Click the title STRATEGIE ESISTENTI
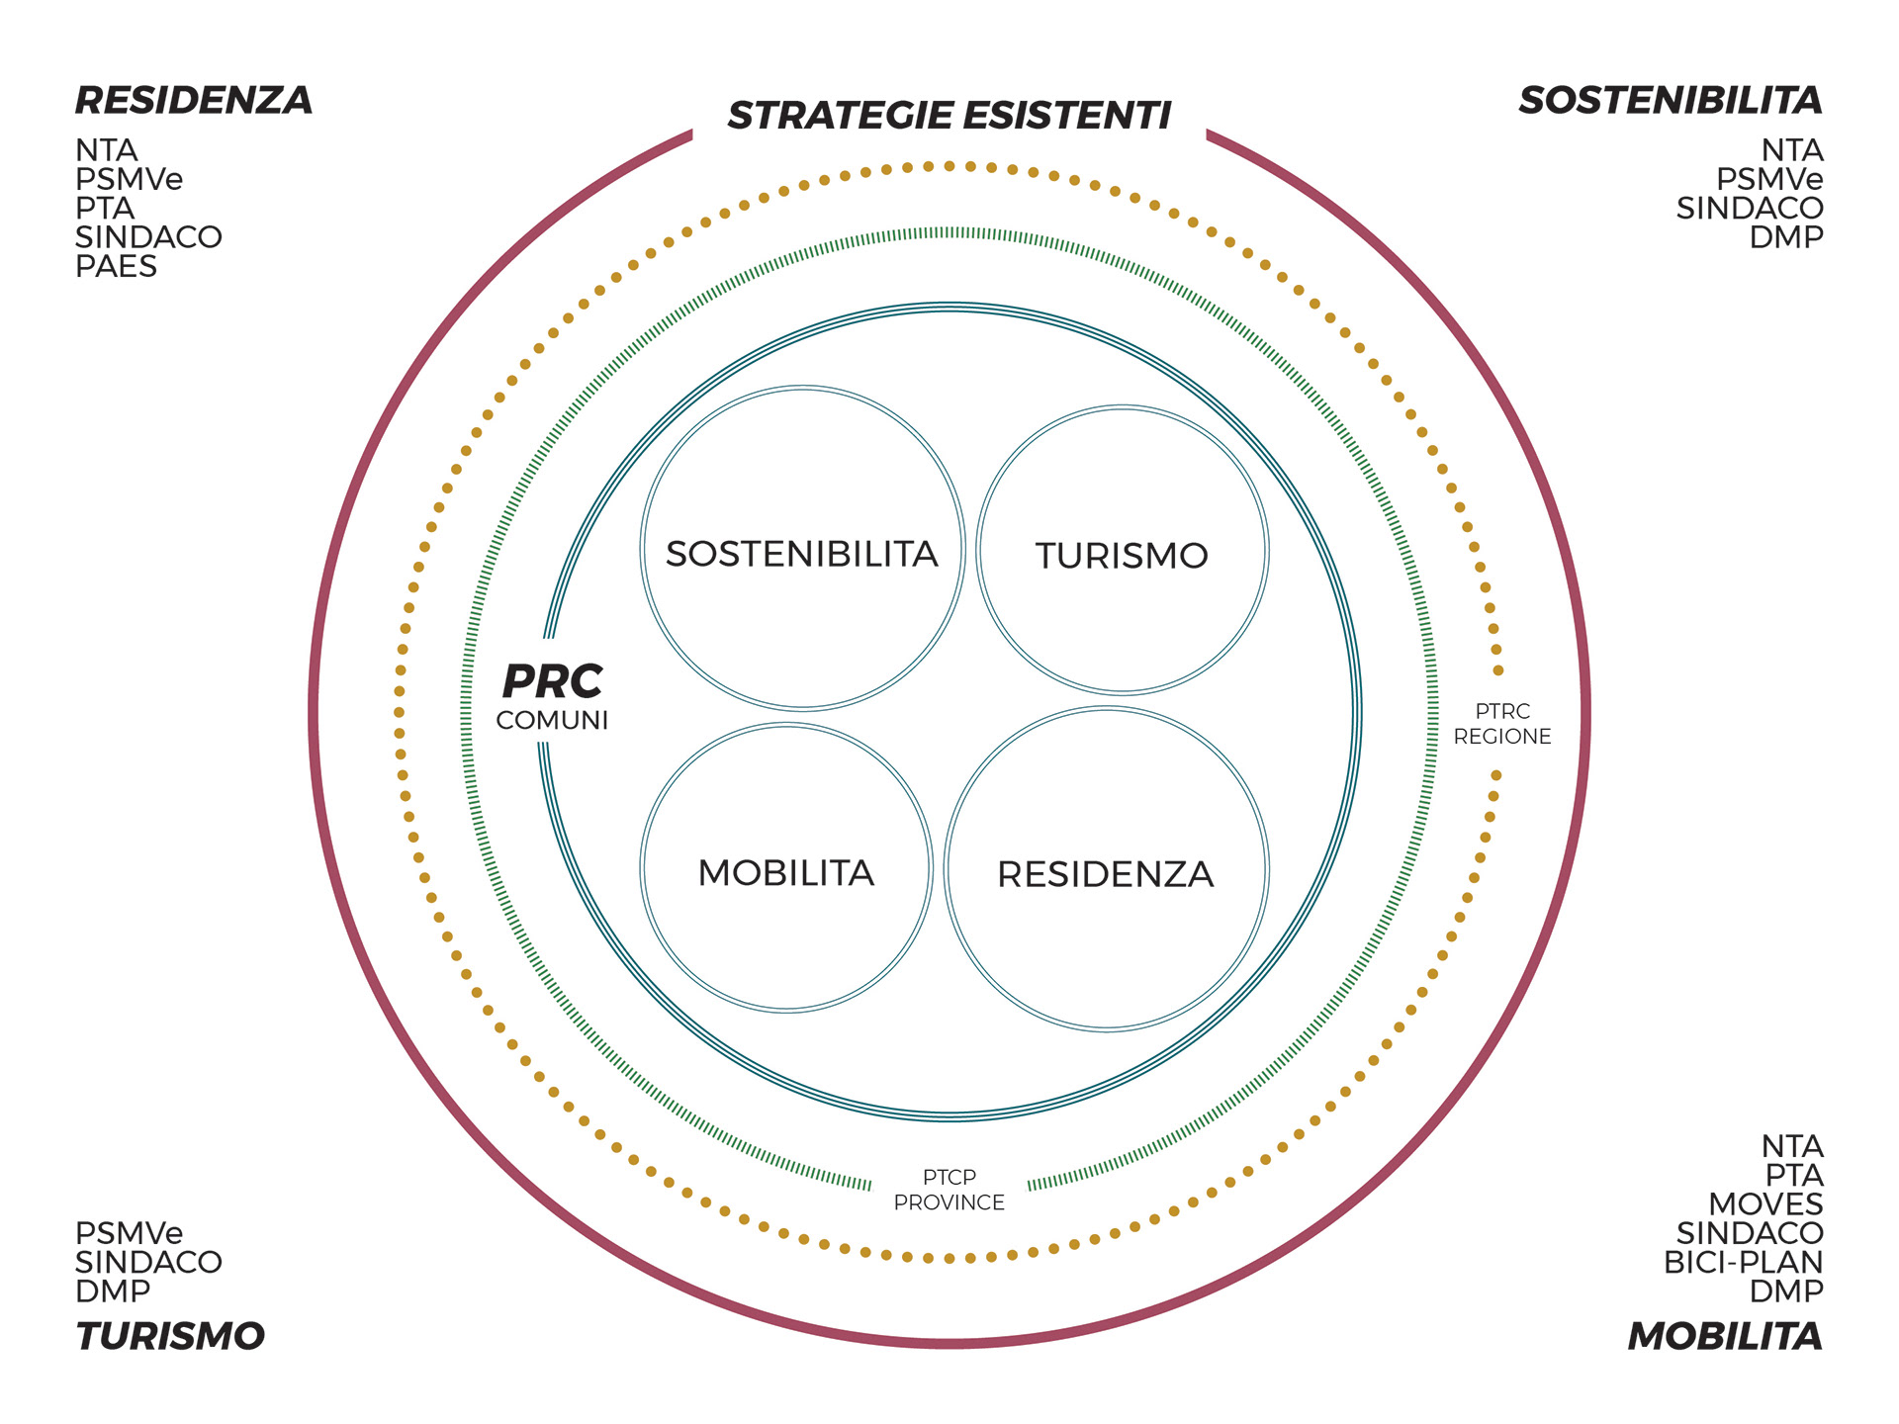point(949,116)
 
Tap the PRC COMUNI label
point(552,696)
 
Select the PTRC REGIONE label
point(1501,724)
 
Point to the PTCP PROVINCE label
point(949,1190)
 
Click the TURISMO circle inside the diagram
point(1122,555)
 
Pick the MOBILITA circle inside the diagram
point(786,872)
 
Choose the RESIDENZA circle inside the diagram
point(1105,873)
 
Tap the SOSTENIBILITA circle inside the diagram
point(801,554)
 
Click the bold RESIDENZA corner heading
point(194,100)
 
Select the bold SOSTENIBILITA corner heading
point(1670,100)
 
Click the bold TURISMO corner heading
point(170,1336)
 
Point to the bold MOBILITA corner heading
point(1724,1336)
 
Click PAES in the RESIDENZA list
point(116,266)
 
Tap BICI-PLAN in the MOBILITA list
point(1743,1262)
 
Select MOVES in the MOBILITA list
point(1765,1203)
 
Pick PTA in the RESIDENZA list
point(105,208)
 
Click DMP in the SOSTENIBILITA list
point(1785,237)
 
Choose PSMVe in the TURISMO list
point(129,1233)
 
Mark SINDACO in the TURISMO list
point(148,1262)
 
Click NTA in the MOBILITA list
point(1791,1146)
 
